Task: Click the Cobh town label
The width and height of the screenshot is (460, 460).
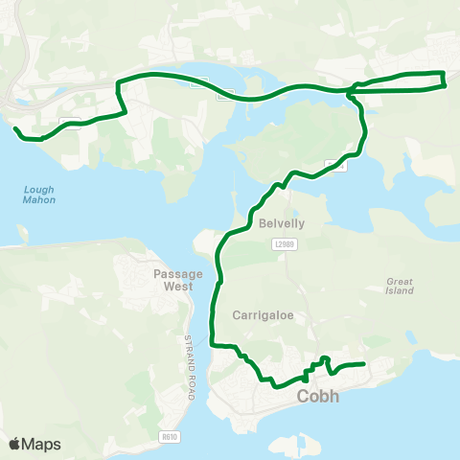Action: pyautogui.click(x=317, y=396)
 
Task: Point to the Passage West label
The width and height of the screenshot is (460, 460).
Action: pyautogui.click(x=178, y=279)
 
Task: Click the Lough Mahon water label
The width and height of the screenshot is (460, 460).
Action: pyautogui.click(x=39, y=195)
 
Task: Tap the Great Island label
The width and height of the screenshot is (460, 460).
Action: pyautogui.click(x=400, y=286)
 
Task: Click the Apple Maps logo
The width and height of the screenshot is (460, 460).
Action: pyautogui.click(x=34, y=445)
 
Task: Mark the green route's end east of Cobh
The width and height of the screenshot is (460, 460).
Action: pyautogui.click(x=365, y=363)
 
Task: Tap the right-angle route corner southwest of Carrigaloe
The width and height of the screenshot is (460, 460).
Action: pyautogui.click(x=214, y=345)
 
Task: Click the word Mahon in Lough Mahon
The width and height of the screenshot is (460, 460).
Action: pyautogui.click(x=39, y=200)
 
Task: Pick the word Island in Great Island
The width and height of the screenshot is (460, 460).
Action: pyautogui.click(x=400, y=290)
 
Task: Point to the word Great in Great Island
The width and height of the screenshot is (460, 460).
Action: pyautogui.click(x=400, y=281)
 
